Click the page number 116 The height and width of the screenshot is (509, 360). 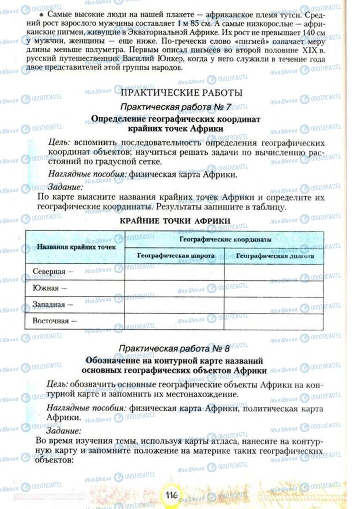tap(173, 495)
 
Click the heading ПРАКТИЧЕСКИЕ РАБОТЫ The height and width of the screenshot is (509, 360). tap(181, 93)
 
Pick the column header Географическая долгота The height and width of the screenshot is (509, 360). tap(275, 256)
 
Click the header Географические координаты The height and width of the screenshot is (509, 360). tap(225, 239)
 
